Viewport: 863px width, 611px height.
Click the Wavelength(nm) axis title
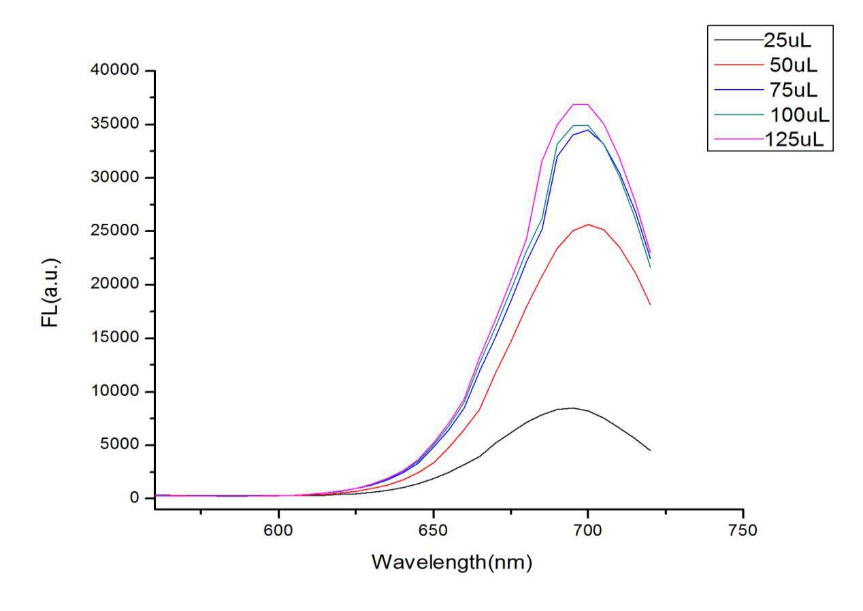click(451, 562)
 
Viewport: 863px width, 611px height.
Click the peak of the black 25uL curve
click(572, 408)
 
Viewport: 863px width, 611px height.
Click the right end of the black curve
click(650, 450)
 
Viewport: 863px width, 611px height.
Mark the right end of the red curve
click(650, 304)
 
